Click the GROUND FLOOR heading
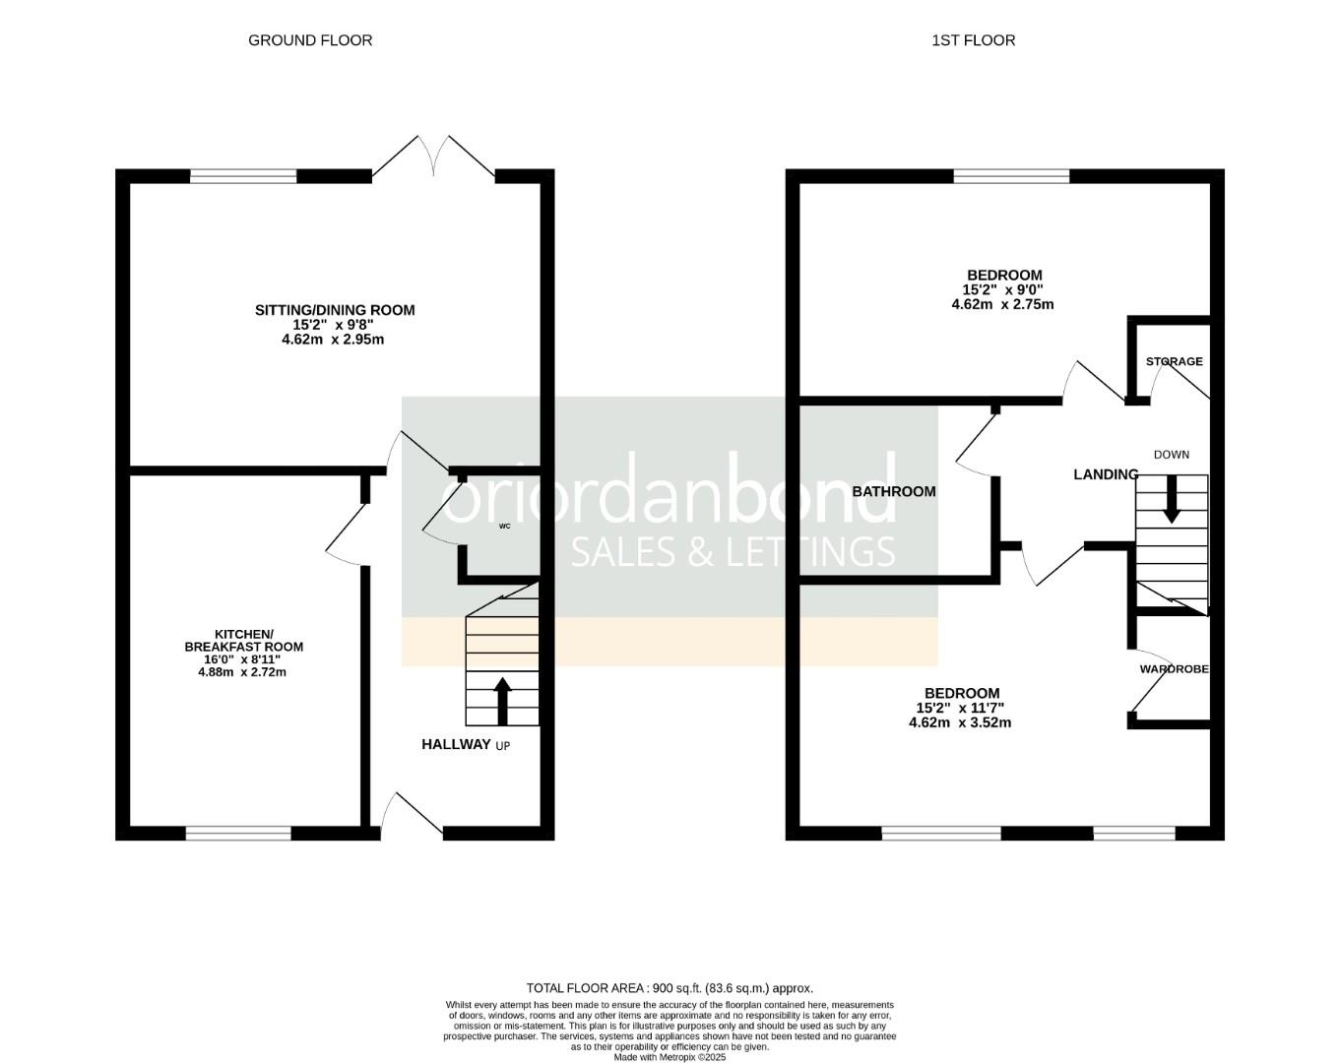coord(310,40)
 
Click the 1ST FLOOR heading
coord(973,40)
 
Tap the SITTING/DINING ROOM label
coord(335,310)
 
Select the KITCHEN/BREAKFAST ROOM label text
coord(244,640)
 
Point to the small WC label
coord(505,527)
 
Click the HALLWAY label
coord(456,744)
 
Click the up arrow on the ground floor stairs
coord(502,700)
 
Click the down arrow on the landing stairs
coord(1172,499)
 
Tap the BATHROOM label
coord(894,491)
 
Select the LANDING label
coord(1106,474)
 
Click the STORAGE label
coord(1174,361)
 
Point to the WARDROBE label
coord(1174,669)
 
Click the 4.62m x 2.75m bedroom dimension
coord(1002,304)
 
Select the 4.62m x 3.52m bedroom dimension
coord(960,722)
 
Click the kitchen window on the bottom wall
coord(238,834)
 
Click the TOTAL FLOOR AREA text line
coord(670,988)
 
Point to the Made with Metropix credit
coord(670,1057)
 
